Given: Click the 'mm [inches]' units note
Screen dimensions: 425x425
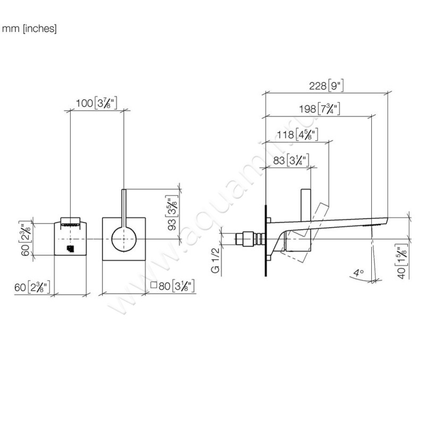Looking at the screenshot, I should [29, 29].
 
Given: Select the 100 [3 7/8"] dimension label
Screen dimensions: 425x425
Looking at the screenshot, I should [96, 103].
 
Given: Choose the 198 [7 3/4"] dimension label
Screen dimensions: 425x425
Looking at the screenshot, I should [319, 109].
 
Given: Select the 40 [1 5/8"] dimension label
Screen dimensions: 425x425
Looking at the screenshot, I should [402, 261].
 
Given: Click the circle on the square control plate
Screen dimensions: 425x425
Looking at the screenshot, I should [123, 240].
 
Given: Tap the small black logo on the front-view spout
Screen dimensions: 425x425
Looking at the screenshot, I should [70, 248].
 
